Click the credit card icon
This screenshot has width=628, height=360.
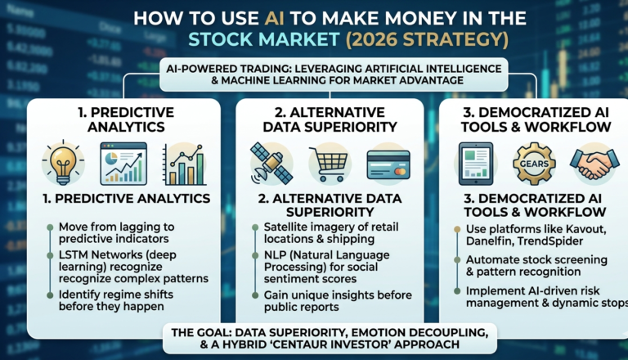pos(388,164)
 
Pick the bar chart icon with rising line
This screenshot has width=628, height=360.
pos(183,164)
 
